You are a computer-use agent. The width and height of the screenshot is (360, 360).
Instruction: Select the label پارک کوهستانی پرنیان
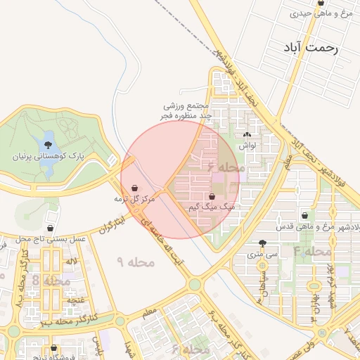[x=47, y=157]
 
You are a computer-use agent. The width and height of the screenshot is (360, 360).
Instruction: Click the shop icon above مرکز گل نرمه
[x=134, y=188]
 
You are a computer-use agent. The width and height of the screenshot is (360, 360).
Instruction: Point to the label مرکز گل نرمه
[x=134, y=200]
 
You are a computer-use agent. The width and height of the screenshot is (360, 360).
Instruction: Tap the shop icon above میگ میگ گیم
[x=212, y=197]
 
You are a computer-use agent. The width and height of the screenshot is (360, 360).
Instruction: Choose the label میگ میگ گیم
[x=212, y=209]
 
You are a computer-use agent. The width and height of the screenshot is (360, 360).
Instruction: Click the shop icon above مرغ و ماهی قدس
[x=304, y=216]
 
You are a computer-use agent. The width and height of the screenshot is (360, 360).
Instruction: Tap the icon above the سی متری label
[x=262, y=240]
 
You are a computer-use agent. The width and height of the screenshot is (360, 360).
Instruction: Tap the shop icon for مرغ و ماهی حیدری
[x=321, y=3]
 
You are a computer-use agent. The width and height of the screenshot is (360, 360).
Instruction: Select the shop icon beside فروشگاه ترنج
[x=53, y=347]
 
